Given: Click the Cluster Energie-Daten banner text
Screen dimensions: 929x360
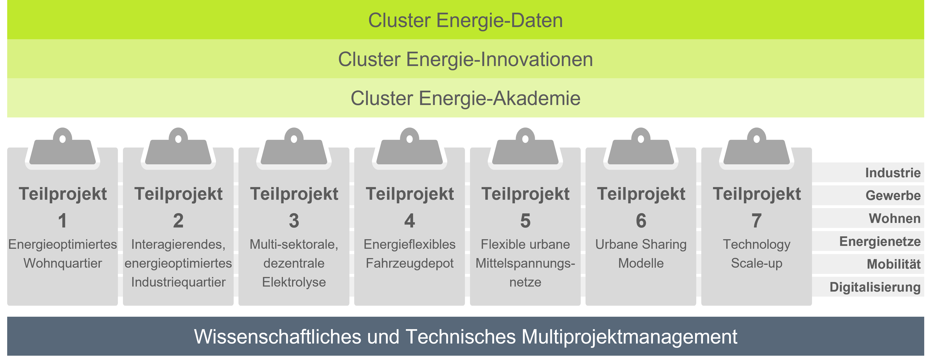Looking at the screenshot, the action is click(465, 20).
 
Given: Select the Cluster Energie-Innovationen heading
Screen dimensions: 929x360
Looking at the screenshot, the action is click(465, 59).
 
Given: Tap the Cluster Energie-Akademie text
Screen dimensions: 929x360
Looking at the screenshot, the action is click(465, 98).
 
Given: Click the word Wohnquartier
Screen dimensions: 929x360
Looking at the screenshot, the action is click(63, 263).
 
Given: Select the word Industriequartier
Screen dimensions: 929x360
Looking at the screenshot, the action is click(178, 282).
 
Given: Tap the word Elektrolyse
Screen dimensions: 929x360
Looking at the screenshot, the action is click(294, 282).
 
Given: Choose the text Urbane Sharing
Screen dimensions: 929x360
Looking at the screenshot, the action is click(641, 244).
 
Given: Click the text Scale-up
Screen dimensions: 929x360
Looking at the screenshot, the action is click(757, 263).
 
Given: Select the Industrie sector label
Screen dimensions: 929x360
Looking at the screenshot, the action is click(893, 173).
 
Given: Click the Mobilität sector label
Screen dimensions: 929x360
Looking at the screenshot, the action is click(894, 264).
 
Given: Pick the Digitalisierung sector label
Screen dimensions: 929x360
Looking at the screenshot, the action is click(875, 287).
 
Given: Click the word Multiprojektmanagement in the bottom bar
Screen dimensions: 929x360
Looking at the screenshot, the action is click(629, 337).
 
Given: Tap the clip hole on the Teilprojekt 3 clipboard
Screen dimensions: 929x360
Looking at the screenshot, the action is click(294, 139).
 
